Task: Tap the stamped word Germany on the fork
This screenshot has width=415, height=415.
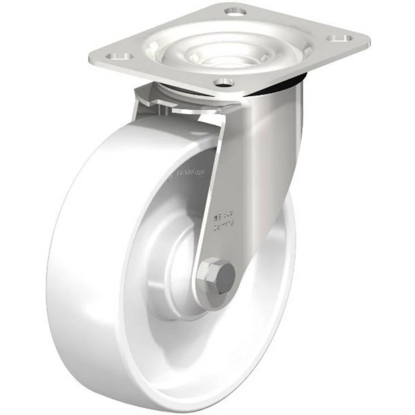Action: tap(224, 224)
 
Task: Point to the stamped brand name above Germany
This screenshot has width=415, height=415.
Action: tap(224, 215)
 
